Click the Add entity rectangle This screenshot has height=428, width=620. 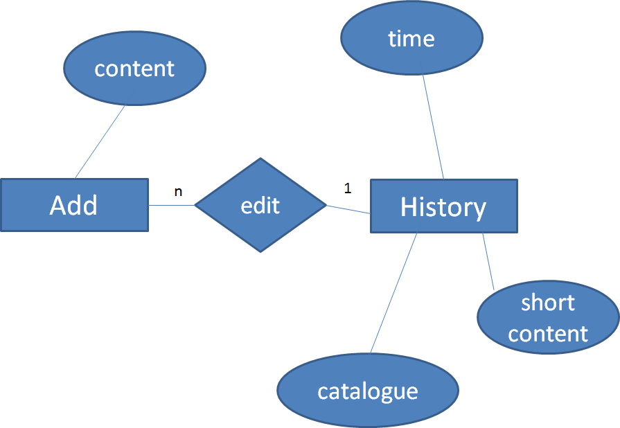point(74,205)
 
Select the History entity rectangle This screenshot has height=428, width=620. point(444,206)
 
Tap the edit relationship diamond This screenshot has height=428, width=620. point(260,205)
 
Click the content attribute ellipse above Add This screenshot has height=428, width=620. point(134,69)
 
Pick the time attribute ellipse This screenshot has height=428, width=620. point(411,39)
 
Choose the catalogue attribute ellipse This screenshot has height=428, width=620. point(368,391)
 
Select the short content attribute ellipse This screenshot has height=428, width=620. point(548,319)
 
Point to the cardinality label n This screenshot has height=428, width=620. point(178,192)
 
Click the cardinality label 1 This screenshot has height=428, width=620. point(348,188)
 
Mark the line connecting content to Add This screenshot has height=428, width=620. point(100,142)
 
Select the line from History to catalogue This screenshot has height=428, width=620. point(393,293)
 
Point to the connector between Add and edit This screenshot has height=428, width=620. point(172,205)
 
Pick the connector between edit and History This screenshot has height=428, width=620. point(348,208)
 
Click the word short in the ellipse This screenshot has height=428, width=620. point(548,303)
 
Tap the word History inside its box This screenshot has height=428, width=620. point(443,207)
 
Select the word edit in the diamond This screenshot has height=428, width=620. point(260,206)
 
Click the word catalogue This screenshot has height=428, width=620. point(368,391)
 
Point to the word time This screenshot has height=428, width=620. point(411,39)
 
